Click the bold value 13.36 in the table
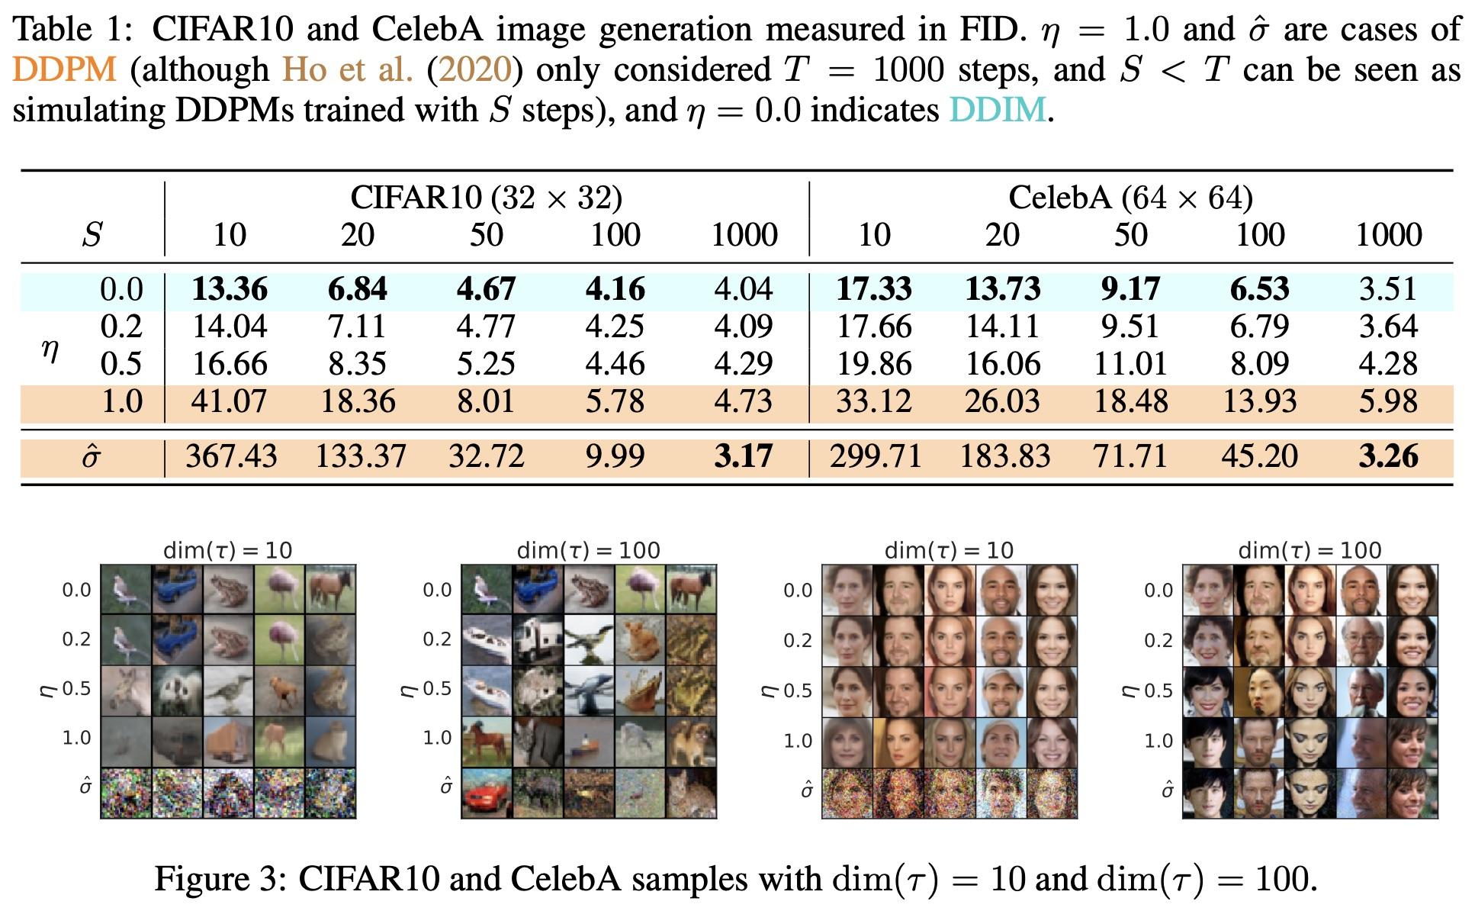[230, 289]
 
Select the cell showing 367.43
[231, 456]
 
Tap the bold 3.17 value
[744, 456]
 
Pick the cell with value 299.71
[876, 456]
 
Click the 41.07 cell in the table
[230, 401]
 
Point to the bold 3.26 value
[1388, 456]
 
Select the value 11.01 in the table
[1130, 364]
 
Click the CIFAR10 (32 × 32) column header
[487, 198]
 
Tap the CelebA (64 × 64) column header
[1130, 198]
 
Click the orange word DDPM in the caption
[65, 69]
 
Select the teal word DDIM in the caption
[998, 110]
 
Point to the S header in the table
[92, 234]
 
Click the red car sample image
[486, 794]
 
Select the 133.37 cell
[361, 456]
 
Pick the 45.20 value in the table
[1259, 456]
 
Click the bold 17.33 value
[874, 289]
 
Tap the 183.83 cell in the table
[1004, 456]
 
